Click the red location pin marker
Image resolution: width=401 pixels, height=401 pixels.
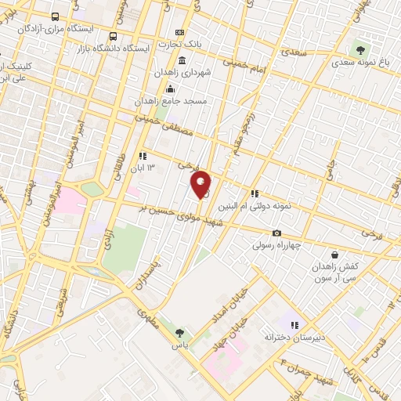(x=201, y=184)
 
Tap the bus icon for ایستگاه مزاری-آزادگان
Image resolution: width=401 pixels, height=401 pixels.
(x=55, y=16)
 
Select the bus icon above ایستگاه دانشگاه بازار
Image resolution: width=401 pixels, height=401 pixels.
(x=114, y=36)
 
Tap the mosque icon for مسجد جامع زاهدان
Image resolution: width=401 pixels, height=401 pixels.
(x=171, y=89)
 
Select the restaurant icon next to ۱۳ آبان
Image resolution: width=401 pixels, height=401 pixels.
(x=142, y=156)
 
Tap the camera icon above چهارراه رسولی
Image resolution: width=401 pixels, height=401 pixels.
(x=276, y=233)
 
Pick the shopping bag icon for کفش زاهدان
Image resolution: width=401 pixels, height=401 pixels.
(x=335, y=255)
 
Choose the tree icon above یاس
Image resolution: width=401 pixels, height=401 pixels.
(x=179, y=333)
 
